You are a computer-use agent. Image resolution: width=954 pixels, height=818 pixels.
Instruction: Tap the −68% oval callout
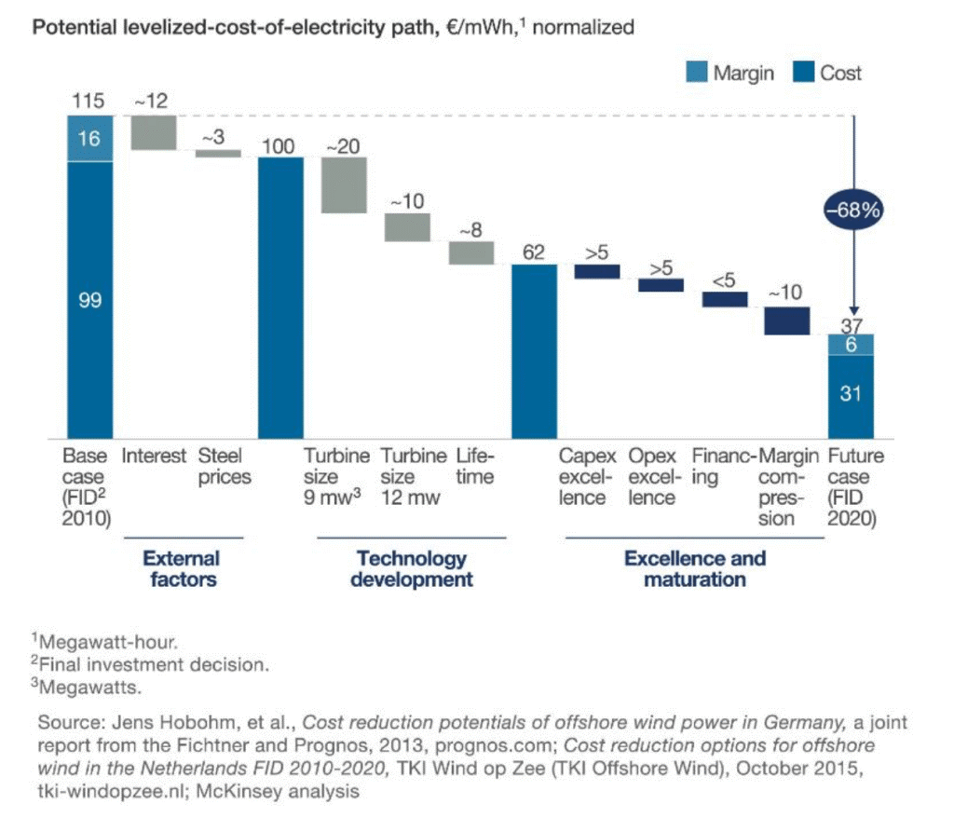(x=851, y=210)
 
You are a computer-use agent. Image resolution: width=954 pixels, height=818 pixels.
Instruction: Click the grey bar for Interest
(x=154, y=132)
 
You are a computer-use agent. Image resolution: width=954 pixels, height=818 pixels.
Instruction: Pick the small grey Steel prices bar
(x=217, y=153)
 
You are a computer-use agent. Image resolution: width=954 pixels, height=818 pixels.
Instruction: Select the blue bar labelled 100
(x=280, y=297)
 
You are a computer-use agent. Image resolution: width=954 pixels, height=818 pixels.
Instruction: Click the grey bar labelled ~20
(x=344, y=184)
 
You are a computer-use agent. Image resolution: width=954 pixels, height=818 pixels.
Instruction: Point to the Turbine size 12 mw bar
(x=407, y=227)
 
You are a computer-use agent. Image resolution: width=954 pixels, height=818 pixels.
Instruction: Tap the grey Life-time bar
(x=471, y=252)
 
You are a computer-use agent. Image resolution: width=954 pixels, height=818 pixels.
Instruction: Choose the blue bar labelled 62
(x=535, y=351)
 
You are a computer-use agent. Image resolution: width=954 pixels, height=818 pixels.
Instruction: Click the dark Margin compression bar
(x=787, y=320)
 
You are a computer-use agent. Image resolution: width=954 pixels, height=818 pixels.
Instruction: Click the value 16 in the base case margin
(x=89, y=139)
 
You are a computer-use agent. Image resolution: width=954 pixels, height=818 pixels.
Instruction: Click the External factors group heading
(x=181, y=569)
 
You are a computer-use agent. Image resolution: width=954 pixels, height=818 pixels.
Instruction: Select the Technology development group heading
(x=412, y=569)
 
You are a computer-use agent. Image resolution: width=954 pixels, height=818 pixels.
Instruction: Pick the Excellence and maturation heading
(x=694, y=569)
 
